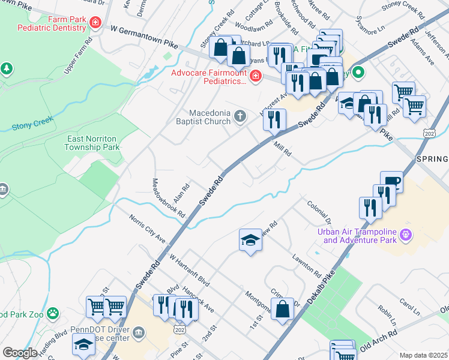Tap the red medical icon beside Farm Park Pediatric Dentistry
click(x=95, y=23)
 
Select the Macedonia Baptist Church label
click(x=210, y=117)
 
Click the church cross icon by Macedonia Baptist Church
click(x=240, y=116)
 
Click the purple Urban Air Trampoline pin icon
click(x=406, y=234)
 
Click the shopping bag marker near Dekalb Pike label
click(x=283, y=310)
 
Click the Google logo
click(x=20, y=352)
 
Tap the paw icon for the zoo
click(x=54, y=313)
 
